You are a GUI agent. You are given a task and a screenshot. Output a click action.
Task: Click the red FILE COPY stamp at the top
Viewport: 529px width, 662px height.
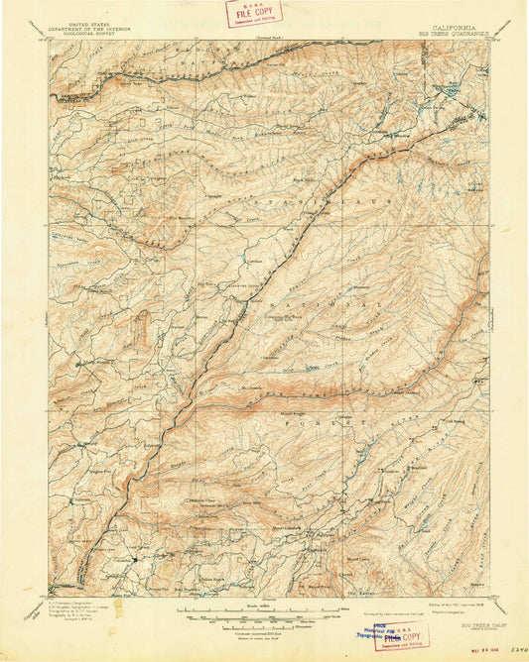[x=254, y=13]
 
